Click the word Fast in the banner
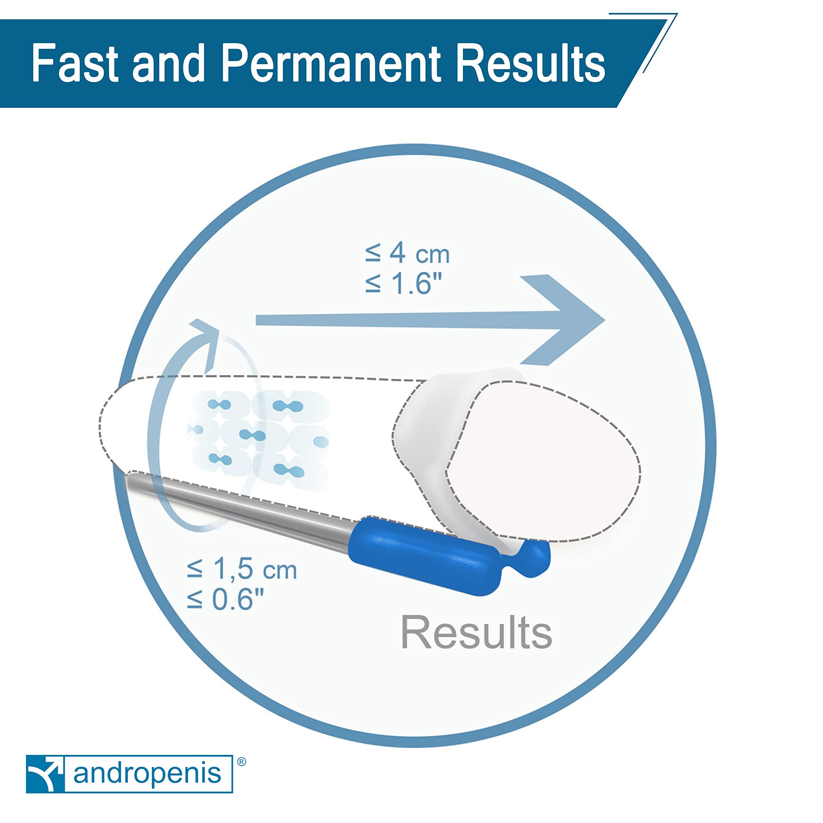tap(75, 63)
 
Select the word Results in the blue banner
tap(529, 63)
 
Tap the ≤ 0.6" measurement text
tap(226, 599)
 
